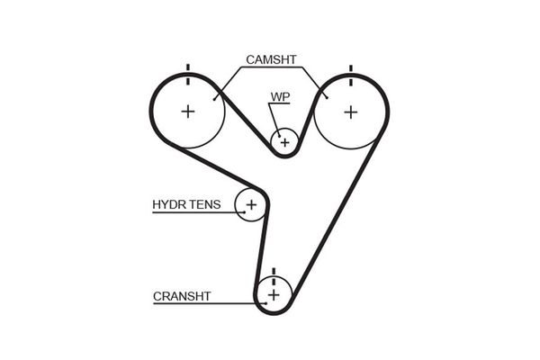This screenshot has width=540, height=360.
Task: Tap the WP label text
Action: click(x=279, y=95)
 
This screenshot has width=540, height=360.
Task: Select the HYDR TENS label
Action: click(x=185, y=204)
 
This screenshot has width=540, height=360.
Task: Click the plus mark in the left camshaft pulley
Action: click(x=187, y=112)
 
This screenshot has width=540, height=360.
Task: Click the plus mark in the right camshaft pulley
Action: click(x=350, y=112)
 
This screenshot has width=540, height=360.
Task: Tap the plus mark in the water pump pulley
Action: click(x=285, y=141)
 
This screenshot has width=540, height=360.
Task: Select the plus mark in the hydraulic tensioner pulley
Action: click(x=251, y=205)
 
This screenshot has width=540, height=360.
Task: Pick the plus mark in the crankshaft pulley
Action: click(x=274, y=294)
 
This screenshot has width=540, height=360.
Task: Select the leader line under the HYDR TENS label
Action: click(x=193, y=213)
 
